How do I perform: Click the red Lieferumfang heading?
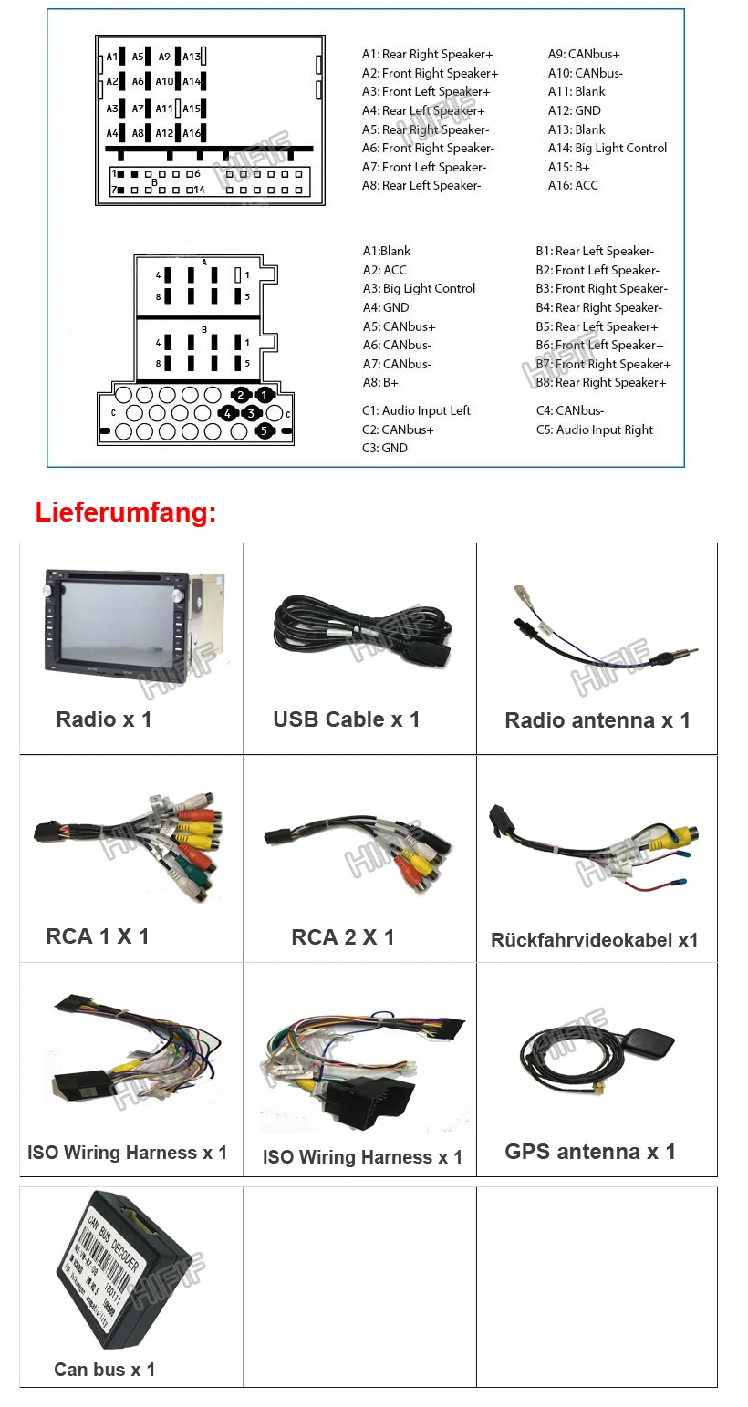126,512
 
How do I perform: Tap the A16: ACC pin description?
573,186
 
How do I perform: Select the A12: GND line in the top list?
574,110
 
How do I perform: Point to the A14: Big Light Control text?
607,148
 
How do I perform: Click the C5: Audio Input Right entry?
594,429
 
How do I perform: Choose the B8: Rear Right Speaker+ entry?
600,383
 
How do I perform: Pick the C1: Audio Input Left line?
416,410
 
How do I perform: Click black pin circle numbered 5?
264,430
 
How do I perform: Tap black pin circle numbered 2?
241,395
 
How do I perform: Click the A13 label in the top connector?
192,57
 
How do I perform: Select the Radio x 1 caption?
104,719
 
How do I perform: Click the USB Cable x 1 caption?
347,719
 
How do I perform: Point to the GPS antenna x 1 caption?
590,1152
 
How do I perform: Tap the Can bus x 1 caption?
105,1370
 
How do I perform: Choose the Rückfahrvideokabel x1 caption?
594,940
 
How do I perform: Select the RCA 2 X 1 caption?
343,937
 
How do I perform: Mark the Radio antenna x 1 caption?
597,720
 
